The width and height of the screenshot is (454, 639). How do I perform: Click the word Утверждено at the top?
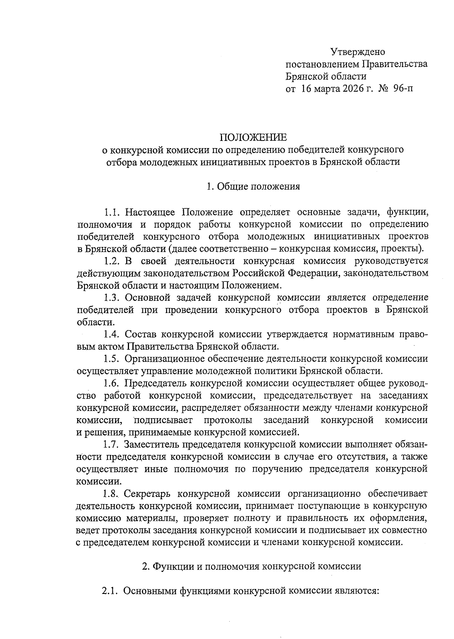point(358,51)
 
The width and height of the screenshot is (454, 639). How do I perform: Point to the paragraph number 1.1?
point(112,212)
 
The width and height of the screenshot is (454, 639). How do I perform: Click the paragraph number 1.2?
point(112,261)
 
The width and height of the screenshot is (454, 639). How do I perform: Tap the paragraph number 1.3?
point(112,298)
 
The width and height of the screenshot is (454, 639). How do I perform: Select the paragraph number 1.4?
point(112,334)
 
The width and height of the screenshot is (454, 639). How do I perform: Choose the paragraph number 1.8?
point(112,494)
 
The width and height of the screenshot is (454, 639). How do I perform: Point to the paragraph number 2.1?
point(110,591)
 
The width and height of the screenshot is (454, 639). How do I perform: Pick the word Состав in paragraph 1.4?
point(140,334)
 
